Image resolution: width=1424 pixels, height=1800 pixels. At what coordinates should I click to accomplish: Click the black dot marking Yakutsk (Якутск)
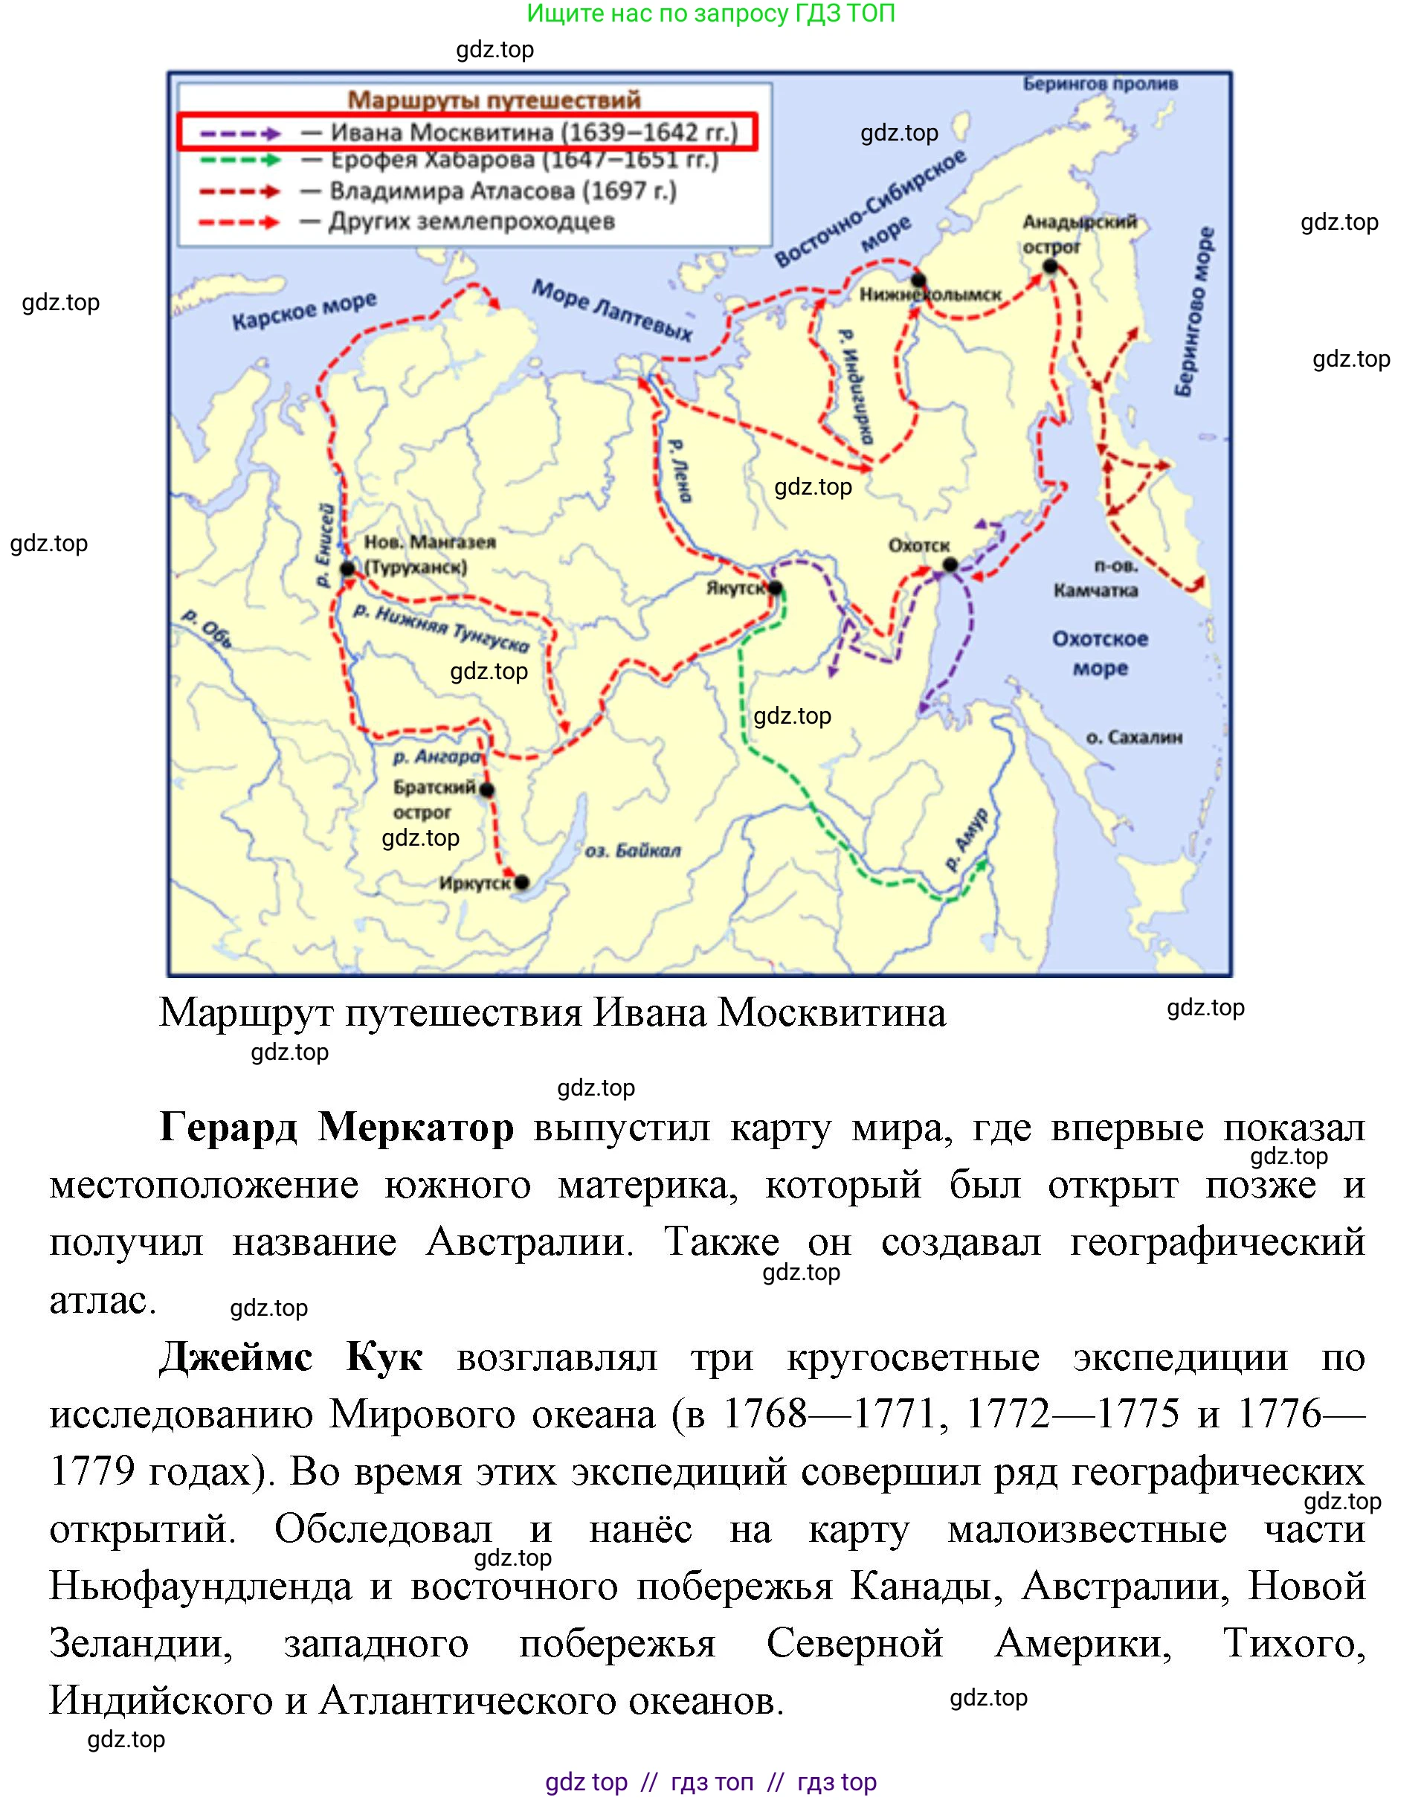(776, 588)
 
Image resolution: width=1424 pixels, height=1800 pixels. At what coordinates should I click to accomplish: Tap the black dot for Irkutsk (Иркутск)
(522, 882)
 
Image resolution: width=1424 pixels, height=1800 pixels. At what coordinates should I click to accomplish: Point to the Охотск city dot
(950, 565)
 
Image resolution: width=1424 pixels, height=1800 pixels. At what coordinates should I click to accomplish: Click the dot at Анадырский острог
(1051, 267)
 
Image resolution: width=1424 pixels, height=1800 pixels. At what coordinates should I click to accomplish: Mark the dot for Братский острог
(488, 789)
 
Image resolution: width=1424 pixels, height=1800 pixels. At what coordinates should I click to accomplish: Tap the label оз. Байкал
(632, 851)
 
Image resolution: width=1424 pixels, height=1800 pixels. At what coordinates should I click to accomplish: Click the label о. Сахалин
(1134, 737)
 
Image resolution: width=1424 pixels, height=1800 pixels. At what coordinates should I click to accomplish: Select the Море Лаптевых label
(613, 310)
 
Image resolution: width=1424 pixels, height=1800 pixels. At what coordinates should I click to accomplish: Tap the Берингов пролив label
(1101, 83)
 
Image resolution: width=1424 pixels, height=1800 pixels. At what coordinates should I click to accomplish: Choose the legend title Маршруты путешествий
(494, 100)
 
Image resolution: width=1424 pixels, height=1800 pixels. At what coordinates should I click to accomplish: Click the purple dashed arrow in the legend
(241, 133)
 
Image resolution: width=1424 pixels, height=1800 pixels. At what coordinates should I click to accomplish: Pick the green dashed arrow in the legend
(241, 160)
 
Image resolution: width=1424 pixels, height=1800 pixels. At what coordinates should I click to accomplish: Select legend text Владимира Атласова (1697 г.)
(503, 191)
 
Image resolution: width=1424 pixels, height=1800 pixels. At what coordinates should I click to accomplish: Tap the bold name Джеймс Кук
(291, 1357)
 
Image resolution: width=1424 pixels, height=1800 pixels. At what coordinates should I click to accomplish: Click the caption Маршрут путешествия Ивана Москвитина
(552, 1013)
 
